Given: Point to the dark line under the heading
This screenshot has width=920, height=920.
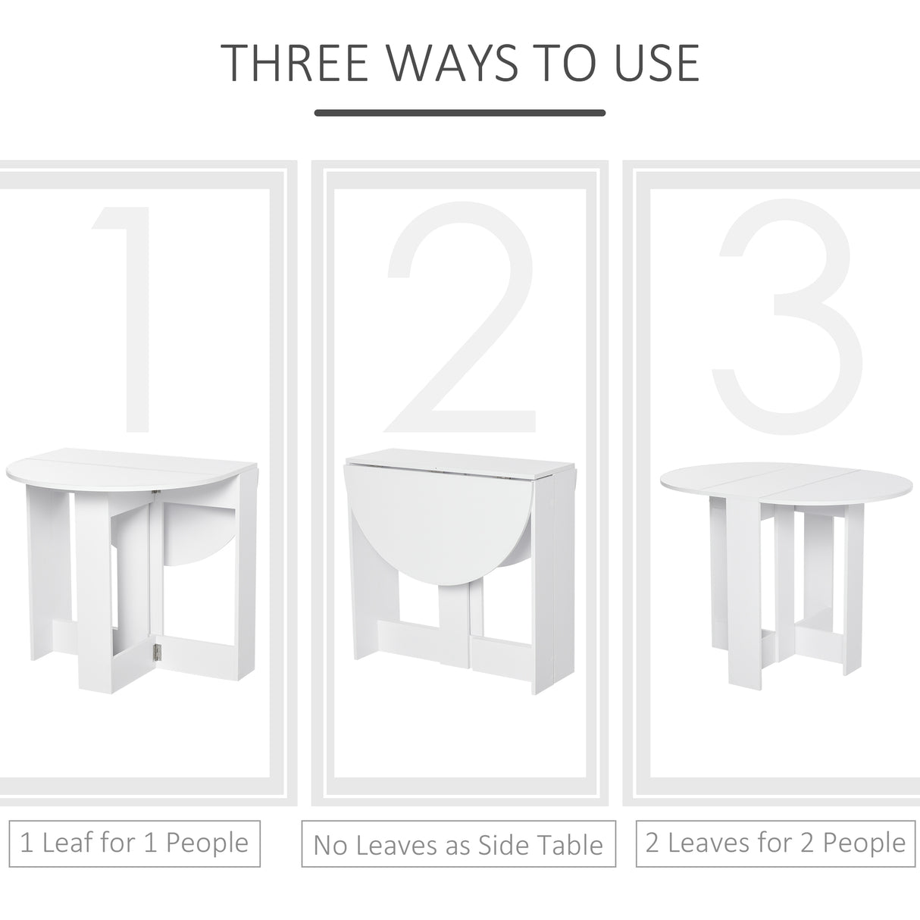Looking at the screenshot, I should (460, 114).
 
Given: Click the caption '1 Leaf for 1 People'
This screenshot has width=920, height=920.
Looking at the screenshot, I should (134, 842).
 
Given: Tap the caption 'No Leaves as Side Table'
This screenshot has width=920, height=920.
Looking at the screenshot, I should (458, 845).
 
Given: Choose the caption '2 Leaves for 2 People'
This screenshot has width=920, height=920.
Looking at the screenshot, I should (775, 842).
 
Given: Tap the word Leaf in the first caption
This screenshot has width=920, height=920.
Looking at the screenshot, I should (68, 842).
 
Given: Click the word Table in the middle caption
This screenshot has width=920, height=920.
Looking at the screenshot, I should (568, 845).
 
